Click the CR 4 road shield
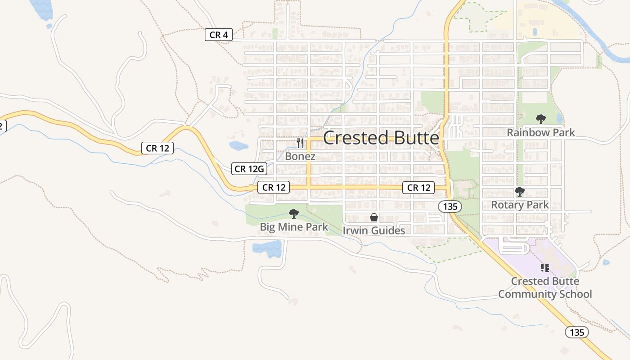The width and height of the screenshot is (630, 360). (x=219, y=35)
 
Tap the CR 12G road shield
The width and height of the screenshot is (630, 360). (x=249, y=169)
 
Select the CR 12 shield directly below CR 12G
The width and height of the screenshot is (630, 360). (x=274, y=187)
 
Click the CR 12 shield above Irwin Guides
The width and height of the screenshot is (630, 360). (x=419, y=188)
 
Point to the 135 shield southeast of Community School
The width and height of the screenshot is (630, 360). (x=576, y=332)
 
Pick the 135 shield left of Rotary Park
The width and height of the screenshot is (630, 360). (x=450, y=207)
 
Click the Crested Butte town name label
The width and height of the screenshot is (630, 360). (x=381, y=138)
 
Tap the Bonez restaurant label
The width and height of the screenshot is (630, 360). (x=300, y=156)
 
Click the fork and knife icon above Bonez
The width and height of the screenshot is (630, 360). (x=300, y=143)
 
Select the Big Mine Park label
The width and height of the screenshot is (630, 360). (x=294, y=227)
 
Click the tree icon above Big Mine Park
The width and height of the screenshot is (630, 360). (x=294, y=214)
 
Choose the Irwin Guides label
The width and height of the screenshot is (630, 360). (x=374, y=230)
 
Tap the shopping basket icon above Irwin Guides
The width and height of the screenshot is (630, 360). (x=374, y=218)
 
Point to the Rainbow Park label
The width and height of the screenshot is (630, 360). (x=541, y=132)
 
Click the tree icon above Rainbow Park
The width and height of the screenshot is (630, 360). (x=541, y=119)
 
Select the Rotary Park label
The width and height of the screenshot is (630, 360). (x=520, y=205)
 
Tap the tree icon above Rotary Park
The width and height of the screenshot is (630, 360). (x=520, y=192)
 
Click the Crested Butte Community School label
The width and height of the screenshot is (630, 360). (x=545, y=288)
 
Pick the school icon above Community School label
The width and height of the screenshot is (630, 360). (x=545, y=268)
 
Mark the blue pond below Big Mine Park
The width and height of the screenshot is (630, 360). (x=268, y=248)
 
